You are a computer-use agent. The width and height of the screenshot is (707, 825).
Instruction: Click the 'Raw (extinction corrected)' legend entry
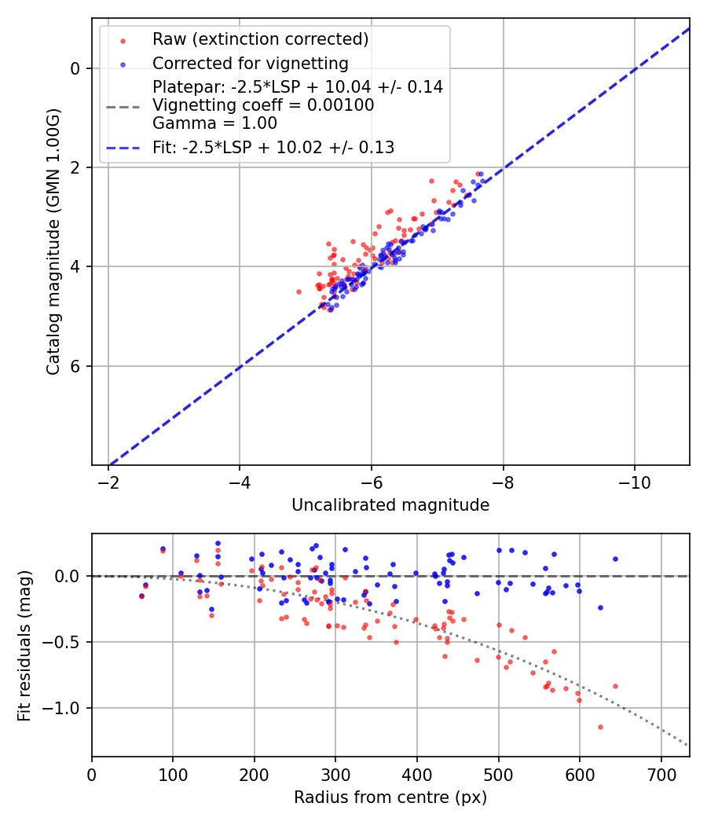(260, 39)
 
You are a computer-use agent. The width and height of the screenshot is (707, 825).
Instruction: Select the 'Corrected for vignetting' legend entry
(251, 64)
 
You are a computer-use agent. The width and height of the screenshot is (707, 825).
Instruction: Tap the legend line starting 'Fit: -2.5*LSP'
(273, 147)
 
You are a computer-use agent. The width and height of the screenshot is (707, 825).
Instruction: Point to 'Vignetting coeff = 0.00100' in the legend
(263, 105)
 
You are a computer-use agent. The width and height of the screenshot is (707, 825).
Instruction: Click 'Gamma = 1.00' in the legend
(214, 123)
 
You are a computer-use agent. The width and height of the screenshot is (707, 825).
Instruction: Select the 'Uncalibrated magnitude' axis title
(390, 505)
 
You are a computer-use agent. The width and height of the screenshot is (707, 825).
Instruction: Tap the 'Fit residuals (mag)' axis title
(24, 645)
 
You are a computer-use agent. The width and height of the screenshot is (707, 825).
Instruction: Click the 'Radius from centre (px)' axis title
(390, 797)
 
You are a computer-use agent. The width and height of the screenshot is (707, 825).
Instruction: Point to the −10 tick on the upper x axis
(635, 482)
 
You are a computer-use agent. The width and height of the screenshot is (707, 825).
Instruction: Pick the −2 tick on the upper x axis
(108, 482)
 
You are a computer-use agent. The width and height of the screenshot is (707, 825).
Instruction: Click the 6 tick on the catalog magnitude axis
(75, 366)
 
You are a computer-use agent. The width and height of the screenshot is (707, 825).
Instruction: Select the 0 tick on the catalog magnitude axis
(75, 68)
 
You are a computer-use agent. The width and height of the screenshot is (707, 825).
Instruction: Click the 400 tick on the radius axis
(417, 773)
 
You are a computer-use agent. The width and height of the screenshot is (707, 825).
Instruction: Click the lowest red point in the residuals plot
(600, 727)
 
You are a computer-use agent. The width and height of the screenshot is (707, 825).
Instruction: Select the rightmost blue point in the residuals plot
(615, 559)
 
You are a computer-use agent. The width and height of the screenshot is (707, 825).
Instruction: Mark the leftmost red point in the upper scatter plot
(299, 291)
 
